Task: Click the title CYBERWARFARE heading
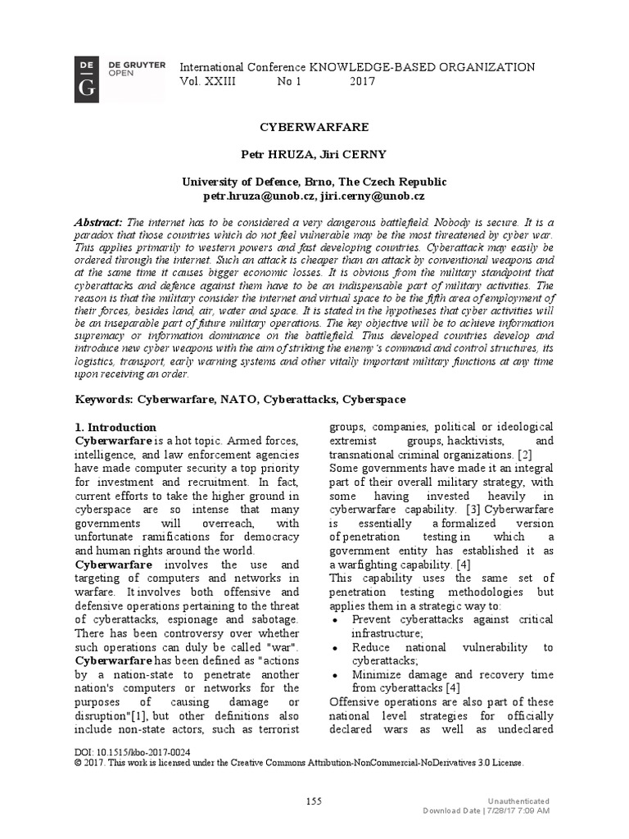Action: tap(314, 128)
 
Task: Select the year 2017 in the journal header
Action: tap(363, 82)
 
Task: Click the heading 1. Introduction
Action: tap(115, 427)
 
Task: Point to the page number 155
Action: tap(314, 800)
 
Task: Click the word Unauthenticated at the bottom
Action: tap(518, 800)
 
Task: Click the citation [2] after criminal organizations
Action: tap(525, 455)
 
